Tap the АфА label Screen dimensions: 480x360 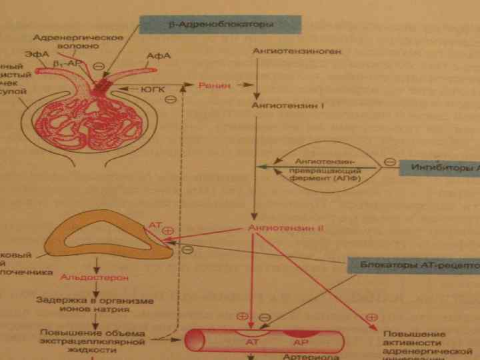158,55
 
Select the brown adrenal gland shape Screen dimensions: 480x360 100,233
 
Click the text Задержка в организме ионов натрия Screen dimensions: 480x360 95,306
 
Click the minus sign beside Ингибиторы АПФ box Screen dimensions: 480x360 389,161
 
